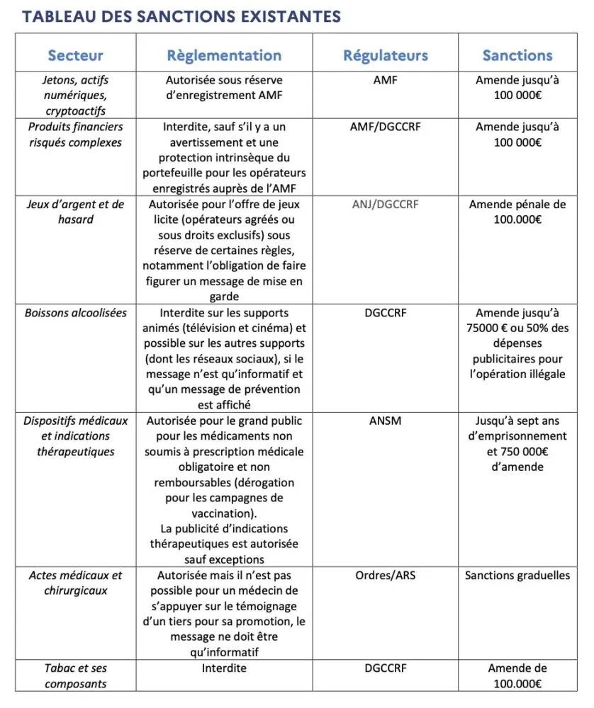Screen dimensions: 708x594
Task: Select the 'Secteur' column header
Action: (75, 55)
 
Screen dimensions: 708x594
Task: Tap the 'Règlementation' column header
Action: (224, 55)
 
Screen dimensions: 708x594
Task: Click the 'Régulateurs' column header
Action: (385, 55)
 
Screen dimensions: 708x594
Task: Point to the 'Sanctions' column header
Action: (517, 55)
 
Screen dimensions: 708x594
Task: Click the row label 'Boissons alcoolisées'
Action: (75, 312)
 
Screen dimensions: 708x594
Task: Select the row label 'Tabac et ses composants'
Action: (75, 675)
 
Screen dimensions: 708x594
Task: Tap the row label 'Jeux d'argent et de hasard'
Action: (75, 212)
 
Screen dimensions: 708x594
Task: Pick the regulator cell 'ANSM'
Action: (385, 421)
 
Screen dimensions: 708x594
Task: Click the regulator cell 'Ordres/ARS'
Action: (385, 575)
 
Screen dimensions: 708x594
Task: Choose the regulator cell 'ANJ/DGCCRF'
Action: (385, 205)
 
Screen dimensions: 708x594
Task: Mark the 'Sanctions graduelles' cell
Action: (517, 575)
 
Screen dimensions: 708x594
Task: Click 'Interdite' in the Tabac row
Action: (224, 668)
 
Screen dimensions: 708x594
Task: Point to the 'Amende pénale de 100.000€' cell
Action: (517, 212)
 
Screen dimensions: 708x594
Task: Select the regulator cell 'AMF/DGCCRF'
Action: (385, 127)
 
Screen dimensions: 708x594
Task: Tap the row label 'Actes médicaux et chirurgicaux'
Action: (75, 582)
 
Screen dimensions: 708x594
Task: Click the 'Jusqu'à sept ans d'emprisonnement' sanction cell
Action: (517, 443)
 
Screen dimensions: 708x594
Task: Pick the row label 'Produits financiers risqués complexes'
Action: (75, 135)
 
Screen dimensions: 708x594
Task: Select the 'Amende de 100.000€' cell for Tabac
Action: (517, 675)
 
